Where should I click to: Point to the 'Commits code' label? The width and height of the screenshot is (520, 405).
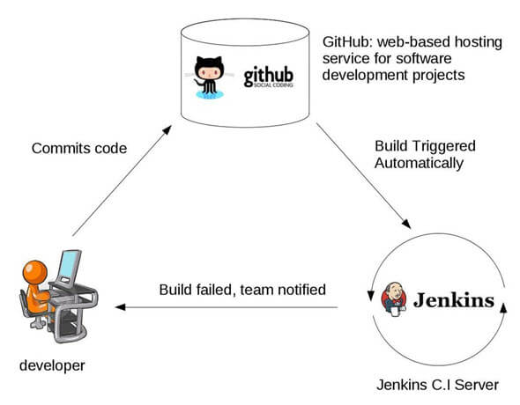(x=79, y=148)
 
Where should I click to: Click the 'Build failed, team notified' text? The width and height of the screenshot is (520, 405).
(x=242, y=289)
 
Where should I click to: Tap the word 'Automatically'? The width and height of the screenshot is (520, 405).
(x=420, y=163)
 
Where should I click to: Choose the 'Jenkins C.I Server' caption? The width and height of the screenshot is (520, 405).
(x=438, y=384)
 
